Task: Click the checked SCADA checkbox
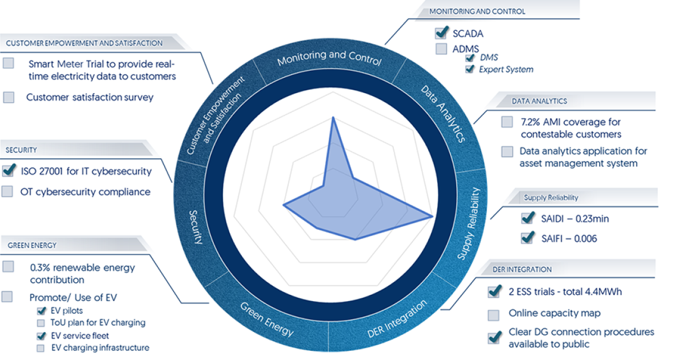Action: pyautogui.click(x=441, y=33)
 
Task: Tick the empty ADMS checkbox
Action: pyautogui.click(x=441, y=49)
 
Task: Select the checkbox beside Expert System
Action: pyautogui.click(x=470, y=69)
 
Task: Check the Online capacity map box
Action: pyautogui.click(x=493, y=314)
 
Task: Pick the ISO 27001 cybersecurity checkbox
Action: pyautogui.click(x=9, y=170)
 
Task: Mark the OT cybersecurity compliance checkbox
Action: pyautogui.click(x=7, y=191)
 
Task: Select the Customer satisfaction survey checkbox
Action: pyautogui.click(x=9, y=97)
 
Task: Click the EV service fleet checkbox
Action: pyautogui.click(x=41, y=336)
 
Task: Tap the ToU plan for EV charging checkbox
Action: pyautogui.click(x=41, y=323)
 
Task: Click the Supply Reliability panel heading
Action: pyautogui.click(x=551, y=198)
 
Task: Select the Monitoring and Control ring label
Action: pyautogui.click(x=329, y=57)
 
